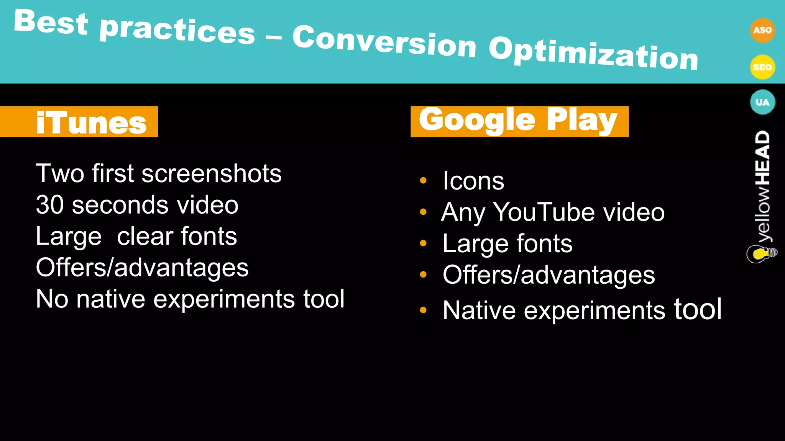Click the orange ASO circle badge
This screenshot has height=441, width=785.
pos(762,30)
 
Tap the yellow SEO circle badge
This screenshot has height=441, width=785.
pos(762,67)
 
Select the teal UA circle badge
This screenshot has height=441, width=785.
pos(762,102)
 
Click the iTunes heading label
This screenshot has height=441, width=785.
pos(91,122)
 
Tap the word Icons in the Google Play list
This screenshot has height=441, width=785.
pos(473,181)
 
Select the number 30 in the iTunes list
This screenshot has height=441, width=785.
pos(49,205)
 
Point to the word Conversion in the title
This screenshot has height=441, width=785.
pos(384,42)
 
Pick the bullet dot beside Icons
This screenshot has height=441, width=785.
pos(423,180)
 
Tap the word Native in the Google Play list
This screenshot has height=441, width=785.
pos(479,310)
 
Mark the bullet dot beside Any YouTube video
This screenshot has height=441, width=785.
pos(423,212)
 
